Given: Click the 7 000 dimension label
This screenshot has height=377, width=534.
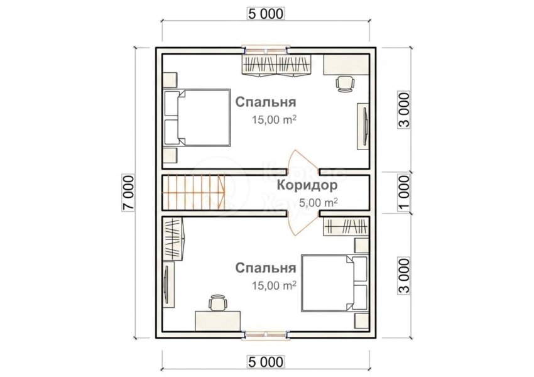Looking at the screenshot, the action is [x=129, y=193].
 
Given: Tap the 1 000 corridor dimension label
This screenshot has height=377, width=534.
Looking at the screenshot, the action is [x=404, y=193].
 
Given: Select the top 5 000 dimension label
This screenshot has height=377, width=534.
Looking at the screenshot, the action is [x=266, y=14].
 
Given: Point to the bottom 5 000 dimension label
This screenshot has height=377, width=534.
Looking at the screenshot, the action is [x=266, y=362].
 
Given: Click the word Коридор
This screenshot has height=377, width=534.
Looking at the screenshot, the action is [x=307, y=185].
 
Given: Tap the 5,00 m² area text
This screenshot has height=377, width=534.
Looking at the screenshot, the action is [x=319, y=203].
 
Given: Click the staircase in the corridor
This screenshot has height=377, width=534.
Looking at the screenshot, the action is [x=193, y=192].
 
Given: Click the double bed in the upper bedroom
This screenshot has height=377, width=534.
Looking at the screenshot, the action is [x=197, y=118].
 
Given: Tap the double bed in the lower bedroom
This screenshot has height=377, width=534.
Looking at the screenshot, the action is [x=334, y=283].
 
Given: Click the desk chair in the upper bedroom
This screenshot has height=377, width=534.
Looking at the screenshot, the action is [x=345, y=84].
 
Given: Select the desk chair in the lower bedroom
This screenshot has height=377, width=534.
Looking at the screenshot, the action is [x=217, y=303].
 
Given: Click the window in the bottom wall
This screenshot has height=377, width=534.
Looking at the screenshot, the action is [x=266, y=335].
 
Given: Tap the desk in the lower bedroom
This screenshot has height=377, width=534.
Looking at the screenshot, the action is [x=217, y=320].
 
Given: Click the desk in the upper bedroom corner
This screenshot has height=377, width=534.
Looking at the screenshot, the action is [x=346, y=64].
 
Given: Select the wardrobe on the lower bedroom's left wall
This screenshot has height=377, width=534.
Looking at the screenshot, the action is [x=173, y=239].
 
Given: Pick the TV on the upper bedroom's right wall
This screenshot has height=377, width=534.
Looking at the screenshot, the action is [x=363, y=126].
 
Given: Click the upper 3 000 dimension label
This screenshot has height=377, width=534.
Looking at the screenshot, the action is [x=404, y=110].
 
